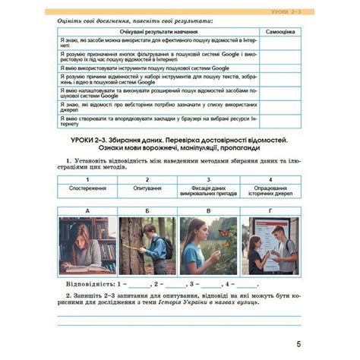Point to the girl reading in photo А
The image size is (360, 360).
click(86, 249)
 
